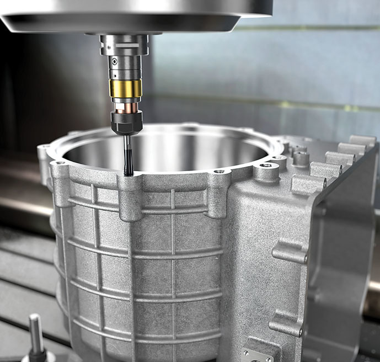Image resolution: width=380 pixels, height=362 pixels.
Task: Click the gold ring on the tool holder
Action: click(125, 88)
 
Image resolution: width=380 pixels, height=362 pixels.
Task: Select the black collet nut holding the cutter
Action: click(126, 121)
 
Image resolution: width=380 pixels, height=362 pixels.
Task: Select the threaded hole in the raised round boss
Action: click(267, 165)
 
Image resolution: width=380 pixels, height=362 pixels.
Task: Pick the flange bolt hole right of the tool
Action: click(220, 172)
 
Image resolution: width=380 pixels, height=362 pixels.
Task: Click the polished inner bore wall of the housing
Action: click(165, 149)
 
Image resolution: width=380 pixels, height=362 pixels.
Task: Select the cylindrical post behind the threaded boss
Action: click(301, 157)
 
